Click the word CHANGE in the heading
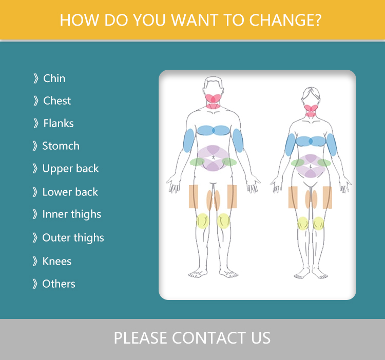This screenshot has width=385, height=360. pos(285,20)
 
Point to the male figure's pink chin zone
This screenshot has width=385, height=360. pos(213,101)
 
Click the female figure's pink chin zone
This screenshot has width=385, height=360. pos(311,110)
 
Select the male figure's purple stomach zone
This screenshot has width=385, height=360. pos(213,158)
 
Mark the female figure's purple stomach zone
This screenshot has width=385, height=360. pos(311,166)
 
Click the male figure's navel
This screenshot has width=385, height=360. pos(213,157)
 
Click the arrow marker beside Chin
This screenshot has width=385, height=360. pos(36,78)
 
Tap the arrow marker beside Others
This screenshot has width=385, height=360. pos(35,284)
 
